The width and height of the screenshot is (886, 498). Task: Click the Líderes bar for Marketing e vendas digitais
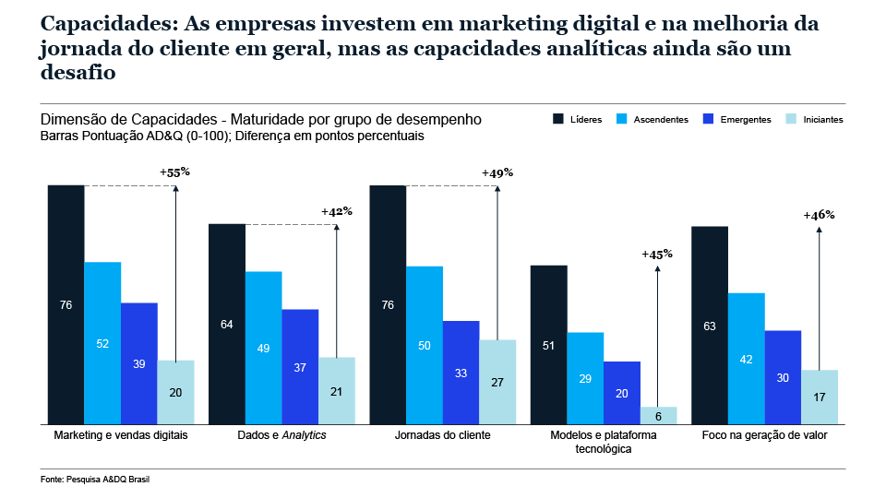coord(66,304)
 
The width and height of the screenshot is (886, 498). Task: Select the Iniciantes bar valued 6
coord(659,415)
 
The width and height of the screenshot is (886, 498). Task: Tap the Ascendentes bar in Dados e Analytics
coord(264,348)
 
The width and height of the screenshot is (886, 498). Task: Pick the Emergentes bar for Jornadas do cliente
coord(461,373)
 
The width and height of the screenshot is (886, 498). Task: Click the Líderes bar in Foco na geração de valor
coord(710,325)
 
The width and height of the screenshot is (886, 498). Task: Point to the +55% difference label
coord(174,172)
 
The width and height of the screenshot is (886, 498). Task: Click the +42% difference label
coord(336,211)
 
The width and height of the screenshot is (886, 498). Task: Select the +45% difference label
coord(657,254)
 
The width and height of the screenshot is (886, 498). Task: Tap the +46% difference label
coord(819,214)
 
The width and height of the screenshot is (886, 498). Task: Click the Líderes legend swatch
coord(558,120)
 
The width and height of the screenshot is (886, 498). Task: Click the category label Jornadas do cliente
coord(442,434)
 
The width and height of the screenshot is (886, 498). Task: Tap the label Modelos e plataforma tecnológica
coord(604,441)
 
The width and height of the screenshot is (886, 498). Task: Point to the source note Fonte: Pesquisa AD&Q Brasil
coord(82,480)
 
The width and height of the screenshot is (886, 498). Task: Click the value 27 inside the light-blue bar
coord(497,382)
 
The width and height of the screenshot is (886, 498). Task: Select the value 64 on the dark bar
coord(227,324)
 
